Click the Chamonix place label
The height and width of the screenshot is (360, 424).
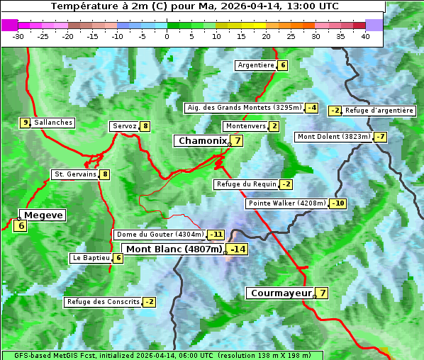pos(201,141)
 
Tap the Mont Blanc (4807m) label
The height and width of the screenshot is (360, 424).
pos(174,249)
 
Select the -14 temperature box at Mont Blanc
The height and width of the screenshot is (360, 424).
pos(238,249)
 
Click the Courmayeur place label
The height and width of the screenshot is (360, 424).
pos(281,293)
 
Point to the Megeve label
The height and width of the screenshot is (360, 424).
pos(43,215)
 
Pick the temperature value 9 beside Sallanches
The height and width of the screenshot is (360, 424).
pos(25,123)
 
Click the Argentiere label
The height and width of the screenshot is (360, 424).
pos(256,65)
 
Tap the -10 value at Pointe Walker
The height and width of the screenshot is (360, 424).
pos(337,203)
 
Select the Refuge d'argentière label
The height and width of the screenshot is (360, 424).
pos(379,111)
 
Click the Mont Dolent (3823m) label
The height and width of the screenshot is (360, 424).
pos(334,137)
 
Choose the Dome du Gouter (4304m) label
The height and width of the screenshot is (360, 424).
pos(160,235)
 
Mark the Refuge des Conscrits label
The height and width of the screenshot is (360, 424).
pos(103,302)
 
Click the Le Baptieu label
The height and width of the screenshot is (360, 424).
pos(91,258)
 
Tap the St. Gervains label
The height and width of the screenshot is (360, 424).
pos(75,174)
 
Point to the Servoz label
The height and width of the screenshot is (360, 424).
pos(124,126)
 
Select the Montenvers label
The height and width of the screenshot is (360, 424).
pos(245,126)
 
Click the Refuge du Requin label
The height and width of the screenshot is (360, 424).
pos(246,184)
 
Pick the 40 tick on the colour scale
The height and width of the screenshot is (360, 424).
pos(365,36)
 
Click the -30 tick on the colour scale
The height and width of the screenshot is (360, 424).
pos(18,36)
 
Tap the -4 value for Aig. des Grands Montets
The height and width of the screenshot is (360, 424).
pos(311,108)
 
